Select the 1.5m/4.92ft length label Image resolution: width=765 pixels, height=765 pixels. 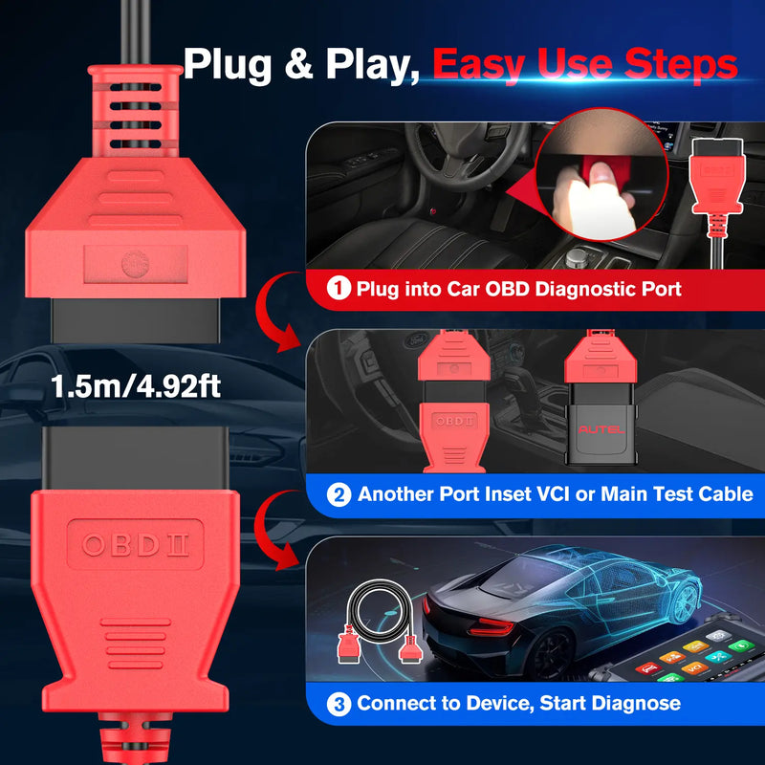tap(137, 386)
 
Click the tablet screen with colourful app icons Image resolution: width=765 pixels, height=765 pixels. tap(708, 660)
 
